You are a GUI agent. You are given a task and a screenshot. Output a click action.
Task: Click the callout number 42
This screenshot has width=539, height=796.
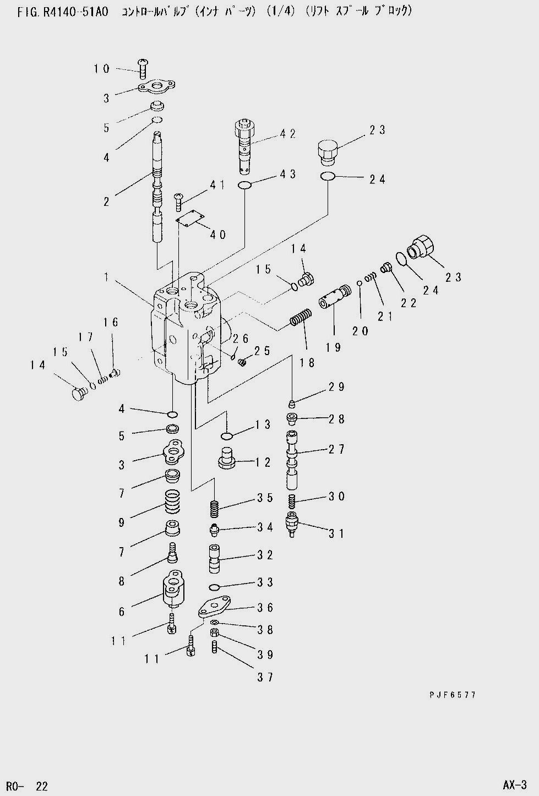[288, 134]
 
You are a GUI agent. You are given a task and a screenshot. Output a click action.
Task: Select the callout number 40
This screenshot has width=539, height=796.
[218, 235]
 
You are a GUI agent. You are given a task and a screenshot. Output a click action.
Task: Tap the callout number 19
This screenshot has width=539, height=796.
[333, 347]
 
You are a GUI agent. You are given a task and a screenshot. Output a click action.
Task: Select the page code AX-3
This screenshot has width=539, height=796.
[514, 784]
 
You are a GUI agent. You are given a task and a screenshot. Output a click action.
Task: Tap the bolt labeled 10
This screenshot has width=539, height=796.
[143, 69]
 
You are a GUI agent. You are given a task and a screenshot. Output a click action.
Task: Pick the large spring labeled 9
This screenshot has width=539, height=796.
[173, 501]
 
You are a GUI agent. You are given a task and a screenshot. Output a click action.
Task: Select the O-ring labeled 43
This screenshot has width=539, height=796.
[245, 185]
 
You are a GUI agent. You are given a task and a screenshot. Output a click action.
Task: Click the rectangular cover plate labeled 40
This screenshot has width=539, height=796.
[190, 220]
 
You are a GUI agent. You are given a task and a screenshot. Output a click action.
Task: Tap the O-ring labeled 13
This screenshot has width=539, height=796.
[226, 436]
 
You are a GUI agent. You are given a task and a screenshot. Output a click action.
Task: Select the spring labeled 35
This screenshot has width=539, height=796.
[213, 509]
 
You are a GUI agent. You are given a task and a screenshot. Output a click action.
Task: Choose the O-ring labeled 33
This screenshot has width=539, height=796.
[214, 586]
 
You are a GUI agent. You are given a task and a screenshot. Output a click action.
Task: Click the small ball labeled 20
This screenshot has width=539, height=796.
[360, 283]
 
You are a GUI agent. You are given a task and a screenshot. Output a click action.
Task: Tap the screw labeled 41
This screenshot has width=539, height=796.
[178, 202]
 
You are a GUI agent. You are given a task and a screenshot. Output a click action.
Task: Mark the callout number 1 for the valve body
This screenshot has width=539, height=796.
[106, 277]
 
